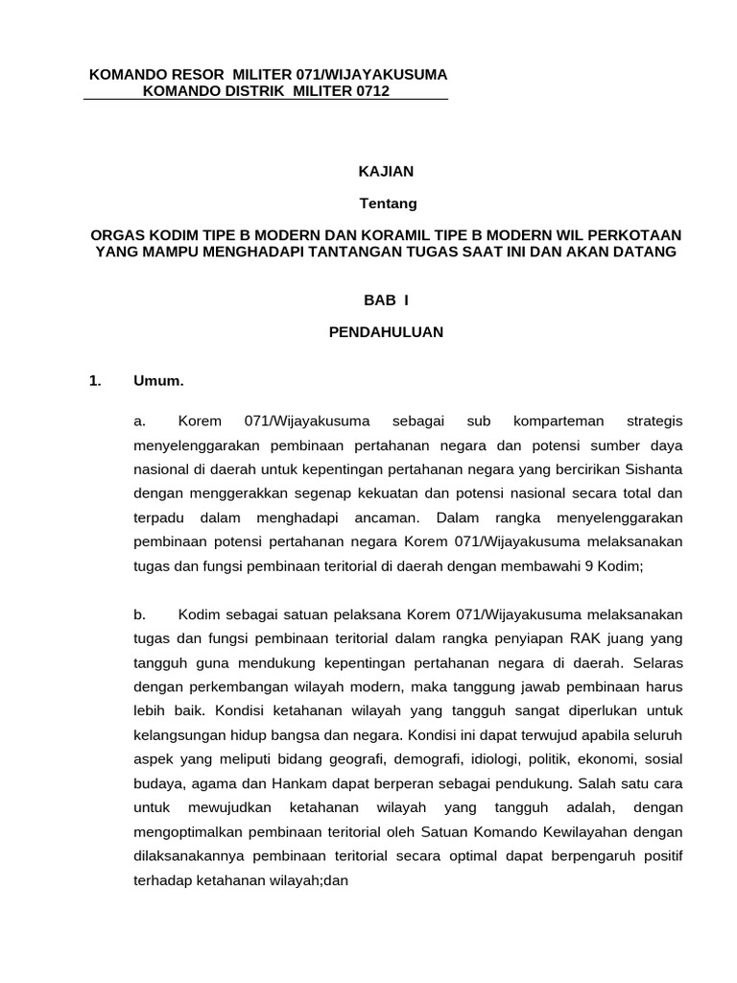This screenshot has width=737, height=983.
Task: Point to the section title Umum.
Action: tap(158, 381)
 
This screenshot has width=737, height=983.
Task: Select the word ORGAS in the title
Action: tap(115, 235)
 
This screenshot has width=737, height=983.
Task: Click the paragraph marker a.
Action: tap(139, 421)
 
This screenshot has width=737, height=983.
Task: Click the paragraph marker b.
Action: tap(139, 613)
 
